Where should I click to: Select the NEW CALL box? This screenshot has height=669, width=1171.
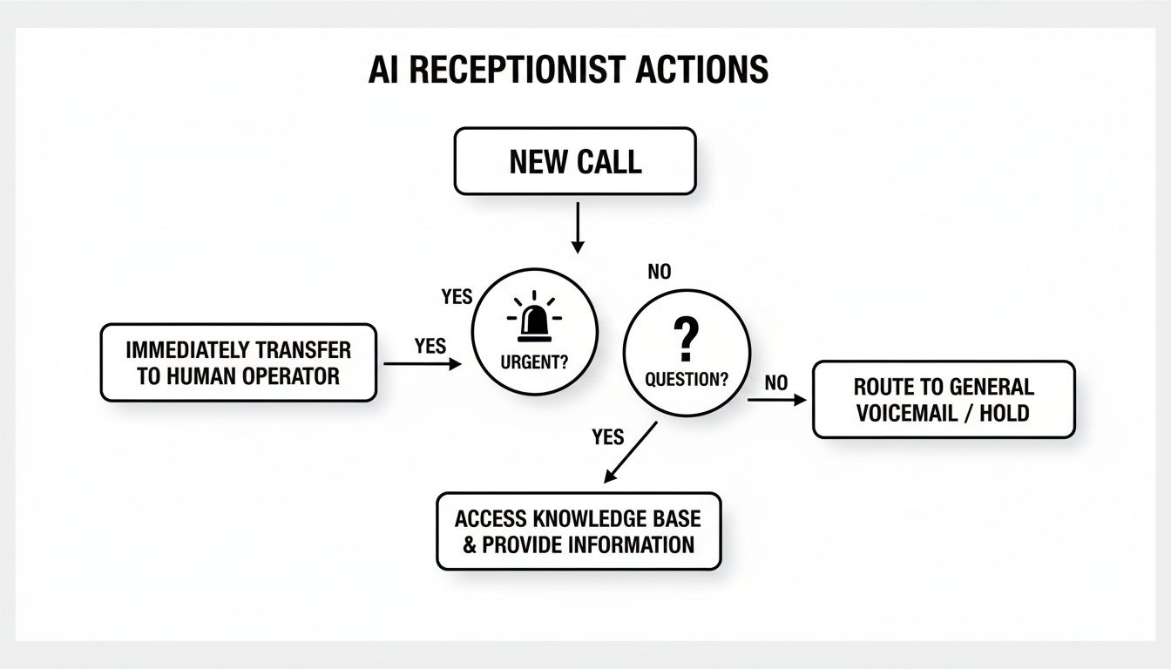[x=575, y=161]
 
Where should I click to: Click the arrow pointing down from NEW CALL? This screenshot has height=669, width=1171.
[x=576, y=228]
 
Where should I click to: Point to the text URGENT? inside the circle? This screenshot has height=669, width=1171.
[x=535, y=362]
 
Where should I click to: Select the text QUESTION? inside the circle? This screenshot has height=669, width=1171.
[x=687, y=379]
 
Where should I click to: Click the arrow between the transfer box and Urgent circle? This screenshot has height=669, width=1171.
[x=422, y=364]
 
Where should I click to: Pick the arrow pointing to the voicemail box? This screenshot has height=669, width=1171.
[x=776, y=400]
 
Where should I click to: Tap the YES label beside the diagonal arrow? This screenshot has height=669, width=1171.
[x=607, y=436]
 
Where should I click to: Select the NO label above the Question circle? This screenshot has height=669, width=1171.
[x=660, y=272]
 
